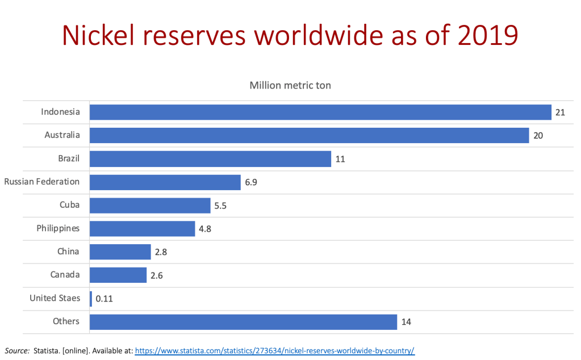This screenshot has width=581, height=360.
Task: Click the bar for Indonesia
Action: point(320,112)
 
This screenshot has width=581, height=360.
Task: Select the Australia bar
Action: point(309,136)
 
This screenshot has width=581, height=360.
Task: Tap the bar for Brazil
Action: point(210,159)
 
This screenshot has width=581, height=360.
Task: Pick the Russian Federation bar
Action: point(165,182)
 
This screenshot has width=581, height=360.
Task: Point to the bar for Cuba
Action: point(150,206)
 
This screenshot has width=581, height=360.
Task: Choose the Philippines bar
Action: point(143,229)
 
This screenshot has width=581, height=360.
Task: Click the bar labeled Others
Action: point(243,322)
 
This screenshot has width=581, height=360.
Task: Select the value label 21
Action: point(560,112)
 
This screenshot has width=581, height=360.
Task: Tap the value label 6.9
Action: point(251,182)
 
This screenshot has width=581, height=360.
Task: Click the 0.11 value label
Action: point(105,298)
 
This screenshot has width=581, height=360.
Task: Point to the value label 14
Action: point(406,322)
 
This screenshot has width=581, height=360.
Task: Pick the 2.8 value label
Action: point(161,252)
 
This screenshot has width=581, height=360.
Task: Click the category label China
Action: point(68,252)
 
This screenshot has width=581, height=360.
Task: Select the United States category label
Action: point(55,298)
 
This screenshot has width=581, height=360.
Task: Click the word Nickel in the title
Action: point(100,36)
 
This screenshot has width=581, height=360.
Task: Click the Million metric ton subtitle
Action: point(290,86)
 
